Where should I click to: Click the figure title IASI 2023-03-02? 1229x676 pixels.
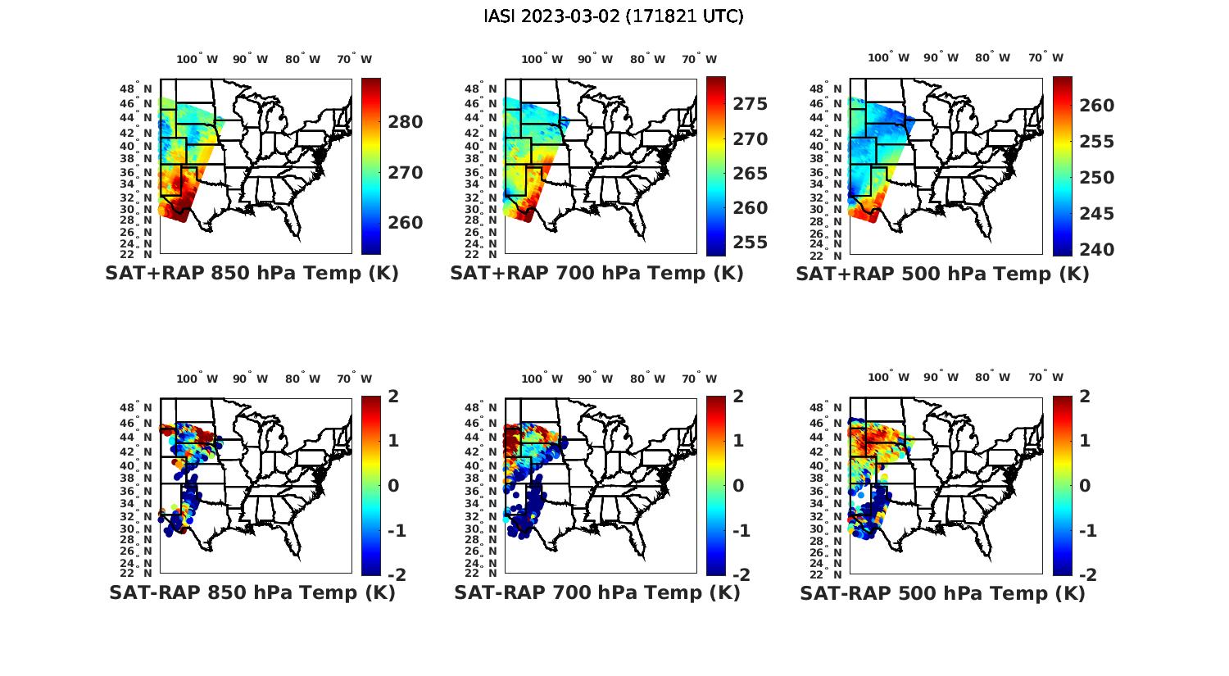[614, 16]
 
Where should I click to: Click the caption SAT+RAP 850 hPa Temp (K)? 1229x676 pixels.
[252, 274]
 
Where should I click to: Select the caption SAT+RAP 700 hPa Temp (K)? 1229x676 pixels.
[596, 274]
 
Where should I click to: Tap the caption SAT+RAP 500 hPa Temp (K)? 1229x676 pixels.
[942, 274]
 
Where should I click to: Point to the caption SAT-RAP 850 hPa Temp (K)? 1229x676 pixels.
[252, 592]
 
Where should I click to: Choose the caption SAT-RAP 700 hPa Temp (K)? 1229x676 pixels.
[596, 592]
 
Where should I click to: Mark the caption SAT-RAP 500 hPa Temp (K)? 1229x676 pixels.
[942, 593]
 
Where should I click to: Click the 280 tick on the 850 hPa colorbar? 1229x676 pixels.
[406, 122]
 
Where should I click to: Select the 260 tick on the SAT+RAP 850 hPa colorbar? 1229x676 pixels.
[406, 223]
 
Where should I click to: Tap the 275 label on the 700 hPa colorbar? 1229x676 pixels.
[750, 104]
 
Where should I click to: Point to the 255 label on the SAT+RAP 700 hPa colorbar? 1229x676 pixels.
[750, 243]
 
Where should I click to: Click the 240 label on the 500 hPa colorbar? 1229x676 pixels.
[1096, 250]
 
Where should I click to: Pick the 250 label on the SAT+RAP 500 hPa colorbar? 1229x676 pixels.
[1096, 178]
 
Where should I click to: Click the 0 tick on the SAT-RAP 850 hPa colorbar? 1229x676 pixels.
[392, 485]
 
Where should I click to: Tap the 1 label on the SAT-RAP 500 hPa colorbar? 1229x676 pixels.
[1084, 441]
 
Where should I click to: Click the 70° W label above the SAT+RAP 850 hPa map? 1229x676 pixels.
[354, 59]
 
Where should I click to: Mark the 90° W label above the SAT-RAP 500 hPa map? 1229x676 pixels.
[941, 378]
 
